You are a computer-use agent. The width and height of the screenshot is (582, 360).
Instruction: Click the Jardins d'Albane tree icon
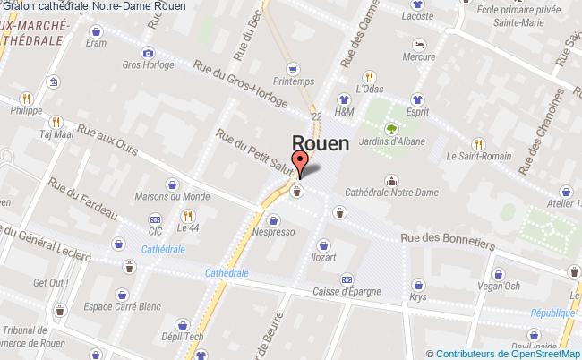[x=391, y=127]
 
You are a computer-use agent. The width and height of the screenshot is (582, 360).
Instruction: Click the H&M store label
[x=344, y=112]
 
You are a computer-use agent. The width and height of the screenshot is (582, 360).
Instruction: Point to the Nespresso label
[x=274, y=231]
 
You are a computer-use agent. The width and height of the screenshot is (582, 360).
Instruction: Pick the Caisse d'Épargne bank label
[x=347, y=291]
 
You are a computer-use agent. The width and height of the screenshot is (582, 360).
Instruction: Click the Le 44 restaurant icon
[x=187, y=215]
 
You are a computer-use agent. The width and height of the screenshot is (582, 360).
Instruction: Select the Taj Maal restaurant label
[x=56, y=134]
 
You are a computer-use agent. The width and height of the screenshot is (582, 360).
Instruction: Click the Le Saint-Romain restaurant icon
[x=478, y=144]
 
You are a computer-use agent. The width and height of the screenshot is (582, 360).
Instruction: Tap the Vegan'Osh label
[x=499, y=286]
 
